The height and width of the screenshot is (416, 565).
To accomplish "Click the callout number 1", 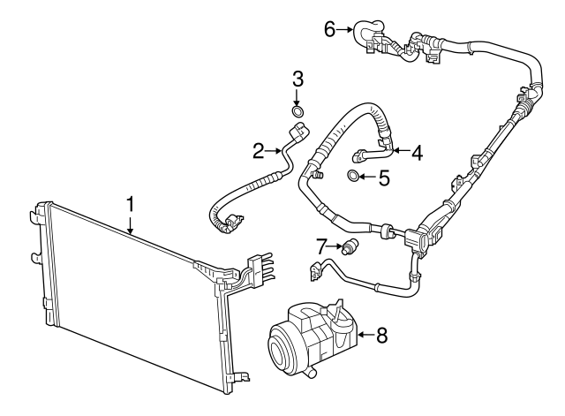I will [x=131, y=204].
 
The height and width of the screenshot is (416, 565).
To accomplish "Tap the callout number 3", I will [x=298, y=78].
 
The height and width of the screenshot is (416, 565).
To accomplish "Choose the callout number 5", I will [x=383, y=178].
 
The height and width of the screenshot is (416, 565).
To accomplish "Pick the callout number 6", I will [x=329, y=30].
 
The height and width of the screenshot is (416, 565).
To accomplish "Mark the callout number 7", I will [x=323, y=244].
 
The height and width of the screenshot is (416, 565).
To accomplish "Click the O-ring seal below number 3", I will [x=298, y=112].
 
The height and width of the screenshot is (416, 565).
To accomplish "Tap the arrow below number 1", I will [x=131, y=223].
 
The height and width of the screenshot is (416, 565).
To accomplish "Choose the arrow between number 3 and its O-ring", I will [x=298, y=95].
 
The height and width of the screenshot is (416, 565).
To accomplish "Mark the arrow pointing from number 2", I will [x=275, y=151].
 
